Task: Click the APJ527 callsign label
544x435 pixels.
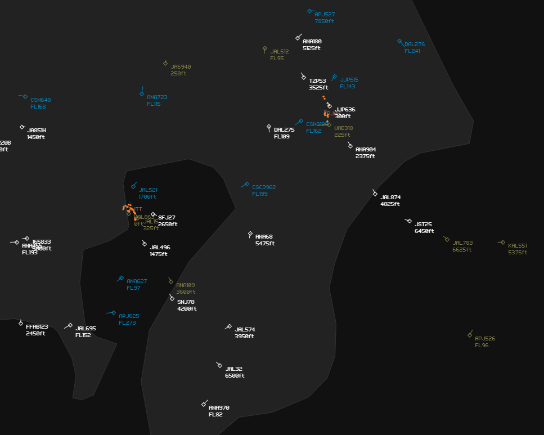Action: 325,15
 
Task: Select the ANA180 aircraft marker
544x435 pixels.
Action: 298,38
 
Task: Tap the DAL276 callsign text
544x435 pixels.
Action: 415,44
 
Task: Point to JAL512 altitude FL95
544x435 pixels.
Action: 277,59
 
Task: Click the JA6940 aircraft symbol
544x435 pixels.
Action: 165,64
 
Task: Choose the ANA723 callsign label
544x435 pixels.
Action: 157,97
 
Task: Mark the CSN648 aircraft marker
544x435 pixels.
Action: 25,97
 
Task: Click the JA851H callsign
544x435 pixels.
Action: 37,131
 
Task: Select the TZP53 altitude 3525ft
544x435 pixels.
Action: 318,88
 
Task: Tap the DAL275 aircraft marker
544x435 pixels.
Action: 269,127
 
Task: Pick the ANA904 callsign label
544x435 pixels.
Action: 366,150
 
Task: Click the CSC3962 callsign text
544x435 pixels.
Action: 264,187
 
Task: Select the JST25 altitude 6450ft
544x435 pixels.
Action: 424,231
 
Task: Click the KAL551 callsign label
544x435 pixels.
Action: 518,246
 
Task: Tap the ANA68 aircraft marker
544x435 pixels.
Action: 250,234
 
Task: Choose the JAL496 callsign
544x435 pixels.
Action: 160,248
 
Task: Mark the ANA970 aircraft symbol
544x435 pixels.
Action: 204,405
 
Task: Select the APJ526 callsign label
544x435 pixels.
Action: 485,339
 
